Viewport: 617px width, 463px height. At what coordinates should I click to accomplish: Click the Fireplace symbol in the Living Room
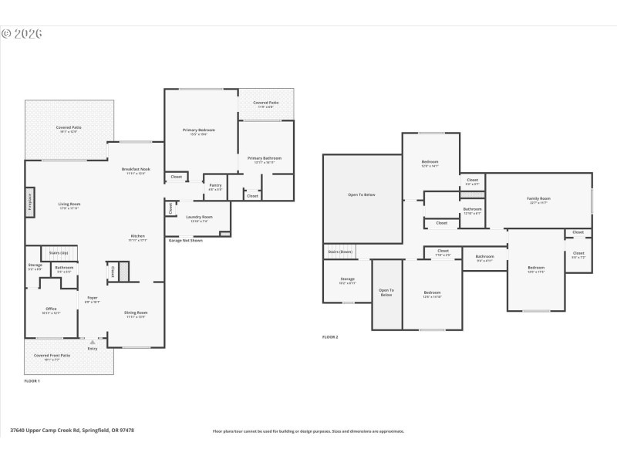tap(29, 202)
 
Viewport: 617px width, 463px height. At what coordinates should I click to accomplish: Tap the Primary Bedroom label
tap(198, 130)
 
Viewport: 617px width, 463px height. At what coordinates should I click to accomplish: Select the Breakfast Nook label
tap(136, 169)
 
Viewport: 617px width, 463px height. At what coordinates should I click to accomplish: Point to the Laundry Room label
tap(198, 218)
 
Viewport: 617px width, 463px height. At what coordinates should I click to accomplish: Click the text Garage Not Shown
tap(185, 241)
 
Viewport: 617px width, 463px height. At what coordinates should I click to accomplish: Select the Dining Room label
tap(136, 313)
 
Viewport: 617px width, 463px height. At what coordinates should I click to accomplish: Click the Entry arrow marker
tap(93, 340)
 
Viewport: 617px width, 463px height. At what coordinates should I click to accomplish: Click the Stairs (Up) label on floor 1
tap(59, 252)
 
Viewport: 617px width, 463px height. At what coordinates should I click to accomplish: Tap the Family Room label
tap(538, 198)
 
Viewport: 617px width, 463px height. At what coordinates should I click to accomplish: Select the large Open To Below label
tap(362, 194)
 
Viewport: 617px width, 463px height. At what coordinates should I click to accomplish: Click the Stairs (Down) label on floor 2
tap(340, 252)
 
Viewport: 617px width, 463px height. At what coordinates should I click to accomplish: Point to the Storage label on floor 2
tap(347, 279)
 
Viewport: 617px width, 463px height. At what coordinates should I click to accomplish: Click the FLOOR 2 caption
tap(330, 337)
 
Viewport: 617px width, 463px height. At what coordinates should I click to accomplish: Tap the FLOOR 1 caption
tap(32, 381)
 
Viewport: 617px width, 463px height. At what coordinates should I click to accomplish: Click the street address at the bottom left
tap(72, 431)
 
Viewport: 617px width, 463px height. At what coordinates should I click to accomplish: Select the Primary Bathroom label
tap(265, 158)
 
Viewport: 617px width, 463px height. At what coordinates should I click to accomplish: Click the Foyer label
tap(92, 297)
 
